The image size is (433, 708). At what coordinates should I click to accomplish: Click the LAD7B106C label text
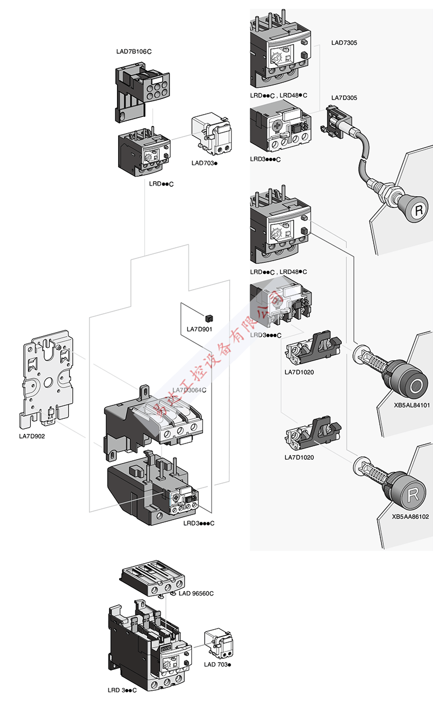click(134, 52)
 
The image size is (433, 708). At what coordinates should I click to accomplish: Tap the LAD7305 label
click(344, 43)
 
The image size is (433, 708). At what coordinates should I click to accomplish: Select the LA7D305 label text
click(344, 98)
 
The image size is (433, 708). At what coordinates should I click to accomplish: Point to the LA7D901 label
click(200, 329)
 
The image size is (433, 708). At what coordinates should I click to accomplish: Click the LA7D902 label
click(32, 436)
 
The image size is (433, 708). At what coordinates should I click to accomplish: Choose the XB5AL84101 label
click(411, 405)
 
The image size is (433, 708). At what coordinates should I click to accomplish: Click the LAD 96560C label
click(196, 593)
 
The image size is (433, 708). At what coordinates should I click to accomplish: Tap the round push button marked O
click(416, 386)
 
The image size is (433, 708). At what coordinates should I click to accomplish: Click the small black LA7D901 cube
click(209, 317)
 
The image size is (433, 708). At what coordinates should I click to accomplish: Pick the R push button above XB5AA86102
click(412, 494)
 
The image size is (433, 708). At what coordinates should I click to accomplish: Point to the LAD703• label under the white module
click(204, 163)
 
